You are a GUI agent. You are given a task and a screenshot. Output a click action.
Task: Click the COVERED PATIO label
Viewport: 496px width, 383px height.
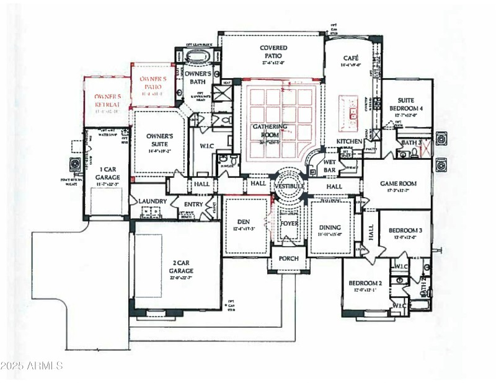[x=273, y=52]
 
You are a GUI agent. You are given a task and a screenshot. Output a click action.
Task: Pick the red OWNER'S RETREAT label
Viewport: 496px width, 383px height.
[x=108, y=100]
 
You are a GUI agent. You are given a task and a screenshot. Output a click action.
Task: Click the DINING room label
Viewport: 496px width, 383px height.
[x=330, y=227]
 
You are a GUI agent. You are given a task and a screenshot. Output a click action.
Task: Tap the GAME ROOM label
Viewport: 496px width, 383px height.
[x=398, y=183]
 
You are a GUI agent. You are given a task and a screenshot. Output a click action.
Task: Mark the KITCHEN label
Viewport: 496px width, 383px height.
[x=349, y=141]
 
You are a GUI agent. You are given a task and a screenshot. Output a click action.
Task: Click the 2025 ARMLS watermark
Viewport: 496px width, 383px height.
[x=32, y=366]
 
